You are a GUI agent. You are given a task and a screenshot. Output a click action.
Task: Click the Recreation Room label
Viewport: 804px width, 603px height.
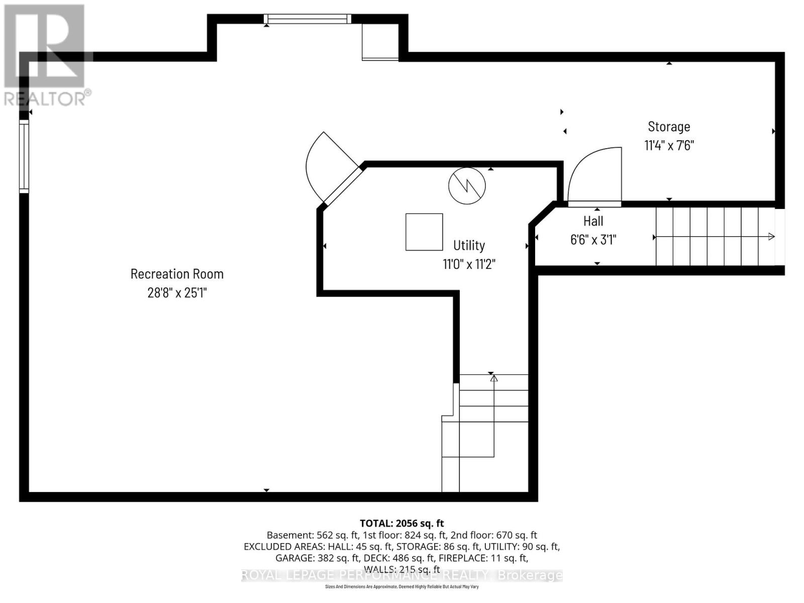[177, 274]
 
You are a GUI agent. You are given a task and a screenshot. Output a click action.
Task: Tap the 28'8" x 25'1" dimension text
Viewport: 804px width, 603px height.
[177, 292]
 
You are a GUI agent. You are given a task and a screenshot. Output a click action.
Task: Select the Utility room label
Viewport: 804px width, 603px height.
[469, 245]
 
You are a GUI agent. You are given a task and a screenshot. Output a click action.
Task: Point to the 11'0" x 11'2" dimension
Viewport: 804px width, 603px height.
[469, 264]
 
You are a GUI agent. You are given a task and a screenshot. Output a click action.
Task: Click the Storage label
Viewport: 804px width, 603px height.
[669, 127]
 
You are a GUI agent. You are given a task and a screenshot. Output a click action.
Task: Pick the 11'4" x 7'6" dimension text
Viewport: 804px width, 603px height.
[669, 145]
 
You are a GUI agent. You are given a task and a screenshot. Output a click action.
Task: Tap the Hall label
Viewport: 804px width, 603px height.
[593, 221]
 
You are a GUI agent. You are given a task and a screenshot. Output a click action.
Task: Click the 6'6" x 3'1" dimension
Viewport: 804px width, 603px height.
[593, 240]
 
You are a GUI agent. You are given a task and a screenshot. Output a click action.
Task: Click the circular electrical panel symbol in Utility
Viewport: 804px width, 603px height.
[467, 185]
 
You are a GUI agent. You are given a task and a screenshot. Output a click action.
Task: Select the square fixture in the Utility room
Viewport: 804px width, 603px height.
[424, 232]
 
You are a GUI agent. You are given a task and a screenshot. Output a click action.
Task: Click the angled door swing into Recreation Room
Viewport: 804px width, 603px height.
[327, 166]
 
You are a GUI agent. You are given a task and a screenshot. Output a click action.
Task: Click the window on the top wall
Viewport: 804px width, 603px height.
[308, 19]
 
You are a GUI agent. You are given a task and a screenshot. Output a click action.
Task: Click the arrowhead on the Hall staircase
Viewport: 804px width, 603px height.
[771, 237]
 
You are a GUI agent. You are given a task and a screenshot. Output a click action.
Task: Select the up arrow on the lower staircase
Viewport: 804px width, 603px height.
[493, 378]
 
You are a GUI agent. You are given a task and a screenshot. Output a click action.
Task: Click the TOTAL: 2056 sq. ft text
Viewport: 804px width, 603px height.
[401, 523]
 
